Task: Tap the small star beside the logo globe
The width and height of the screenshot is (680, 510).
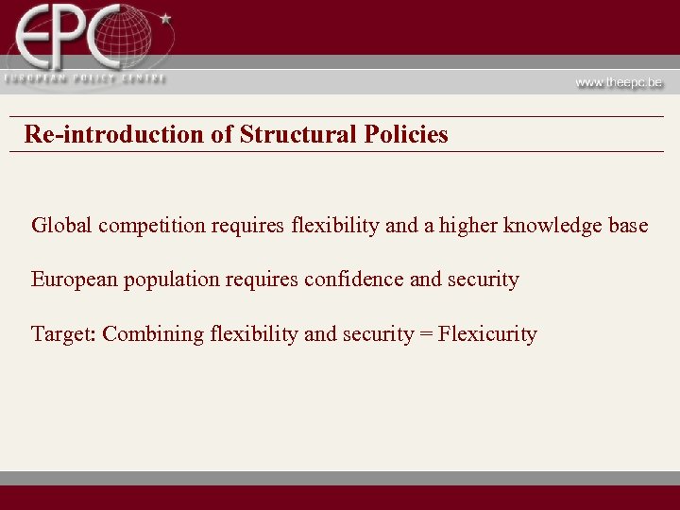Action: pos(166,18)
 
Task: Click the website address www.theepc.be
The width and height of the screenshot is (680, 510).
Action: pos(620,82)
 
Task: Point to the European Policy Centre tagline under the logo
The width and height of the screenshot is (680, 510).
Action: pos(84,78)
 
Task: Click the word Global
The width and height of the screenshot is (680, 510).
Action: pos(61,226)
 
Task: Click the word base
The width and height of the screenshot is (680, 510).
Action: pos(628,226)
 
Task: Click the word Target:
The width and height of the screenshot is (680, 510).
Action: pos(63,334)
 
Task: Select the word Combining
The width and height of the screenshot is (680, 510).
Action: pos(143,334)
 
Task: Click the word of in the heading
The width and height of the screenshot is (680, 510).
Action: pos(222,134)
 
